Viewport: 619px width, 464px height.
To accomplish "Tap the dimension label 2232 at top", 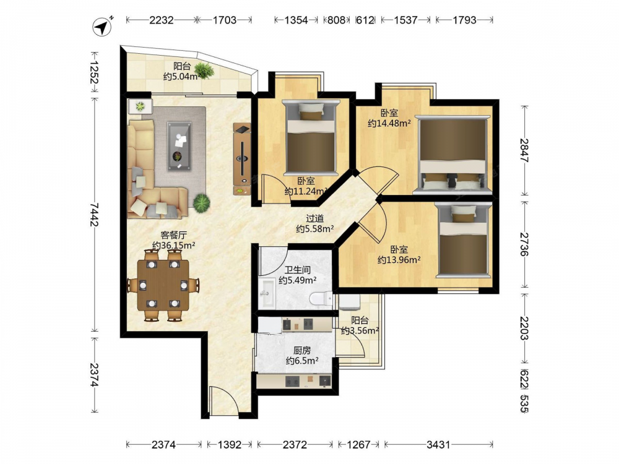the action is pos(162,20).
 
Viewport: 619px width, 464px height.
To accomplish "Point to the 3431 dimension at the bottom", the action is pos(438,445).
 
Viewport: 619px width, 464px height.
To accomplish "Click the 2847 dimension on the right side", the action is pos(524,150).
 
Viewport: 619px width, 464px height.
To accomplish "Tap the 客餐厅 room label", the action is pos(174,235).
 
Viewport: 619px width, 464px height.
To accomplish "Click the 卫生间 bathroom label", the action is pos(298,270).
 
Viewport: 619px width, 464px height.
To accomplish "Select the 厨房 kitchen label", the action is pos(302,350).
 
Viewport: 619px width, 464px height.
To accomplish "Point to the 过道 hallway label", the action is pos(315,218).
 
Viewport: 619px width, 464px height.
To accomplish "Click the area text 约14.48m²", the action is pos(389,124).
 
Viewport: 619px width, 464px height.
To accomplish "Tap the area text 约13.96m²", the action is pos(399,260).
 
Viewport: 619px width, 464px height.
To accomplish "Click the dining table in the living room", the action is pos(163,285).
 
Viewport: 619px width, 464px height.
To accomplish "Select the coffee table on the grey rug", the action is pos(180,146).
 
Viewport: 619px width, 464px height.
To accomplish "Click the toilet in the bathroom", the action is pos(321,298).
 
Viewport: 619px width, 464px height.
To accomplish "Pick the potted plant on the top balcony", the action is pos(204,71).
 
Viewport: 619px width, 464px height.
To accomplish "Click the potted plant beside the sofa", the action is pos(201,203).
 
